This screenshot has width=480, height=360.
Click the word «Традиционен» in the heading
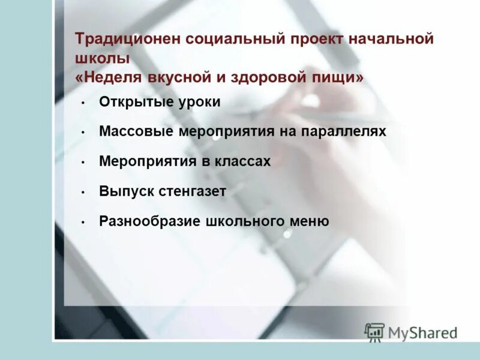coord(128,40)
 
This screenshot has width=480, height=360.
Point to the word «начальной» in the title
coord(395,40)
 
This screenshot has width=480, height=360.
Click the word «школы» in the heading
coord(103,59)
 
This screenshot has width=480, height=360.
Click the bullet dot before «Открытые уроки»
coord(83,103)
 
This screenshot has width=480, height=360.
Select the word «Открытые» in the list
coord(134,102)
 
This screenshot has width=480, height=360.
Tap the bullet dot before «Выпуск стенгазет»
coord(83,193)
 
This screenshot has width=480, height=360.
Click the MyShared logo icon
coord(374,331)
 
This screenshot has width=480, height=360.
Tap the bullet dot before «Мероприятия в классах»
coord(83,163)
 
